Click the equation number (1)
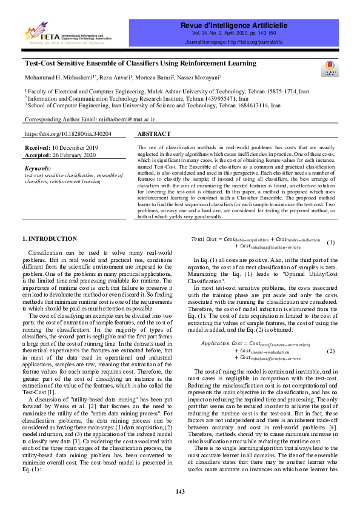coord(330,243)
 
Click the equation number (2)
coord(330,351)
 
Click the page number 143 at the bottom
coord(180,491)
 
